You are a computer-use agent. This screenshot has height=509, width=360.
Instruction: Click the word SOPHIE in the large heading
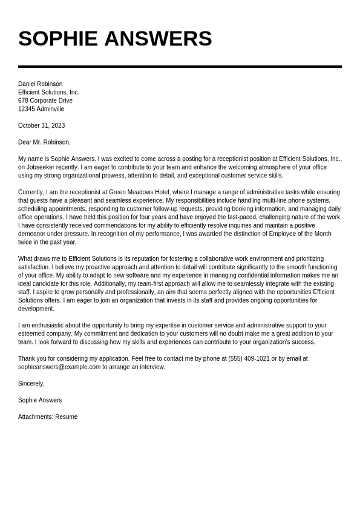(57, 39)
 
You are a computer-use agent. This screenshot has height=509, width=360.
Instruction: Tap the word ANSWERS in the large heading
(158, 39)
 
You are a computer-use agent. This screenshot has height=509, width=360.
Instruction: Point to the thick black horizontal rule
(180, 66)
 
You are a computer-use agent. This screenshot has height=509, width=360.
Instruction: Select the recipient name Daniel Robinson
(40, 84)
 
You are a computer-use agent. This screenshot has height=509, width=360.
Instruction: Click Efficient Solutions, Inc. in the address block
(48, 93)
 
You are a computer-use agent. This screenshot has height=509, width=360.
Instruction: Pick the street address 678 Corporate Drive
(45, 101)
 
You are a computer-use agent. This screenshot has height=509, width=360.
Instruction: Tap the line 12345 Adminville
(41, 110)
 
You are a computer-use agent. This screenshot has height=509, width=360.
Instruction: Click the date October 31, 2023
(41, 126)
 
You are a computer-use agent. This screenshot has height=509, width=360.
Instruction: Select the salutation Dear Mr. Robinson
(44, 143)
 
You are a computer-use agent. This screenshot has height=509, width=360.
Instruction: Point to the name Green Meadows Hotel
(139, 192)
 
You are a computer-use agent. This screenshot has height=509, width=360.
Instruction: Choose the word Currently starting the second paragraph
(31, 192)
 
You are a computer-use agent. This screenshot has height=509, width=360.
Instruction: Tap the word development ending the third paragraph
(36, 309)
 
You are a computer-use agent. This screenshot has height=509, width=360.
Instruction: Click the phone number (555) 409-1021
(249, 359)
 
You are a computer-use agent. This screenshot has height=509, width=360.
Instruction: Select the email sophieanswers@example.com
(59, 367)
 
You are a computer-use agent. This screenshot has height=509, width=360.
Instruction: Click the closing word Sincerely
(31, 384)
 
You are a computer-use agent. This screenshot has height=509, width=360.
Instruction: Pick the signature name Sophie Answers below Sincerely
(40, 401)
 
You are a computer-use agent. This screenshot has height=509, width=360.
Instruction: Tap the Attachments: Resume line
(48, 417)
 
